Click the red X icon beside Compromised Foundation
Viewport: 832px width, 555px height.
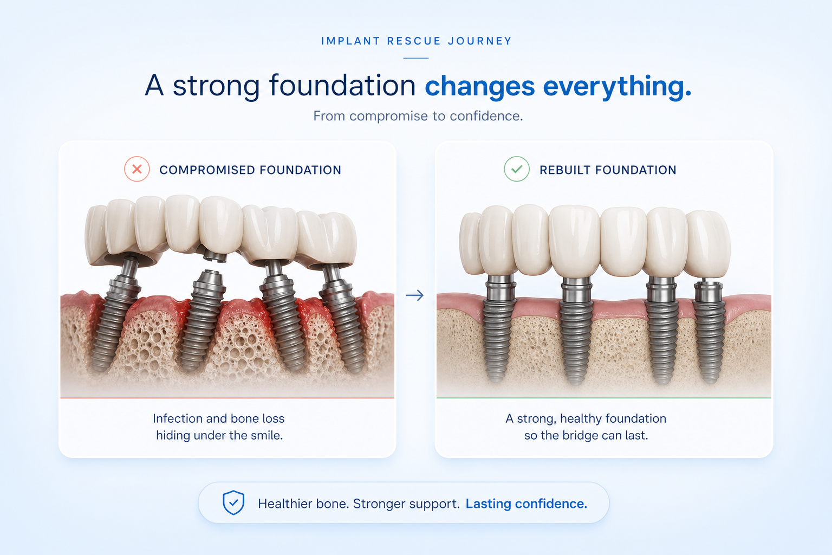[136, 169]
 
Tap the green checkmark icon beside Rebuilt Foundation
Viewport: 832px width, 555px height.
[517, 169]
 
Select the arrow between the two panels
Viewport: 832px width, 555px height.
[415, 295]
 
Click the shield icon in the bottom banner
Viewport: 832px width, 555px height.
[233, 502]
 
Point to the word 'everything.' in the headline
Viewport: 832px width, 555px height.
[617, 86]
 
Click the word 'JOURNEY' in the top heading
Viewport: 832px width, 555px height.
[480, 41]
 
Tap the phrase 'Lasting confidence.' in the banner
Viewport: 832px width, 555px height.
[526, 504]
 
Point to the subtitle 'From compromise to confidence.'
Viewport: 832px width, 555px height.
[418, 116]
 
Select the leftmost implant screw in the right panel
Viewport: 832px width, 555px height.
[499, 329]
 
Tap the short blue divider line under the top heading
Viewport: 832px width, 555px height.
[416, 59]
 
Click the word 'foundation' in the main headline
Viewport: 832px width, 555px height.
[342, 86]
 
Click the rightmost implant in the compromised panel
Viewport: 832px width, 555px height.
[342, 318]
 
